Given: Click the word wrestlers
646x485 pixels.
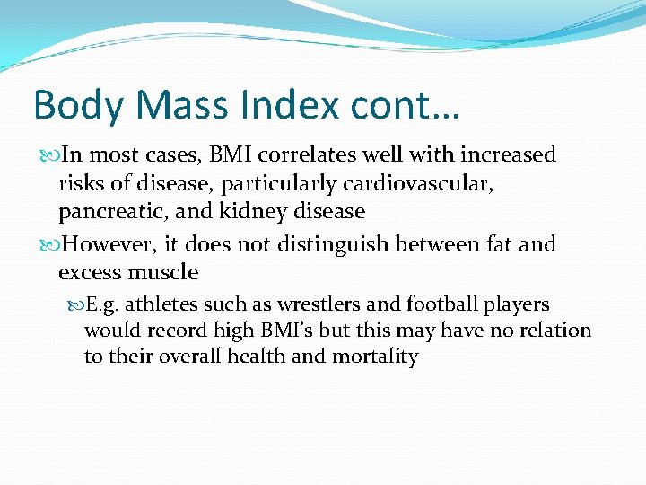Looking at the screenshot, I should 328,304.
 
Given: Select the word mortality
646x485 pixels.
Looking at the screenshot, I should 375,357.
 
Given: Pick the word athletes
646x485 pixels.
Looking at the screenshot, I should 160,304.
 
